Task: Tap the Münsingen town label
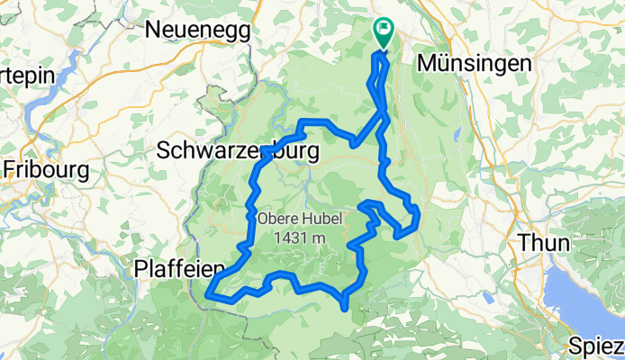point(474,64)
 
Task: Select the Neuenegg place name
point(198,30)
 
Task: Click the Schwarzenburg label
point(237,152)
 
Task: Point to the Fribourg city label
point(45,168)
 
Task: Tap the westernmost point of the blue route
point(209,293)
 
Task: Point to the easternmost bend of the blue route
point(418,216)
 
